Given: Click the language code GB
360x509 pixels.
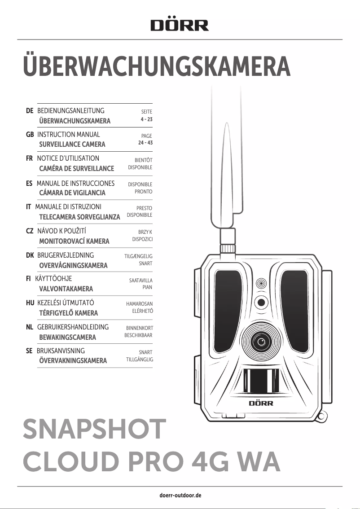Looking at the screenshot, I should (x=31, y=135).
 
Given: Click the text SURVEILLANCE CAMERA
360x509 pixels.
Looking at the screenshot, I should (x=72, y=145).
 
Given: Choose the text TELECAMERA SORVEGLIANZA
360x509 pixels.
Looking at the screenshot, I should (x=79, y=217).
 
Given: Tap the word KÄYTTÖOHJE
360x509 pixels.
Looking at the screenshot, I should (x=53, y=279).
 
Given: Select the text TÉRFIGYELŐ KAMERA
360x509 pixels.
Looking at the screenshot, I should (x=68, y=313).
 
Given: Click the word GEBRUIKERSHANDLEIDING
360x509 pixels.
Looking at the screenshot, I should (x=73, y=327).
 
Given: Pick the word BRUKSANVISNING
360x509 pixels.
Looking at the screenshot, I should (x=60, y=351).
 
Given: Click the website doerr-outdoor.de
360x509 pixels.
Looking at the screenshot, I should (x=180, y=496).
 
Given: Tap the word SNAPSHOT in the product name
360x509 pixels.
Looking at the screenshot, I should (x=94, y=430).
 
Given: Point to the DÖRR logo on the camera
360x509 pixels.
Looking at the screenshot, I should (x=261, y=403).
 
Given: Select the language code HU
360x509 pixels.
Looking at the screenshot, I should (x=31, y=303).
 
